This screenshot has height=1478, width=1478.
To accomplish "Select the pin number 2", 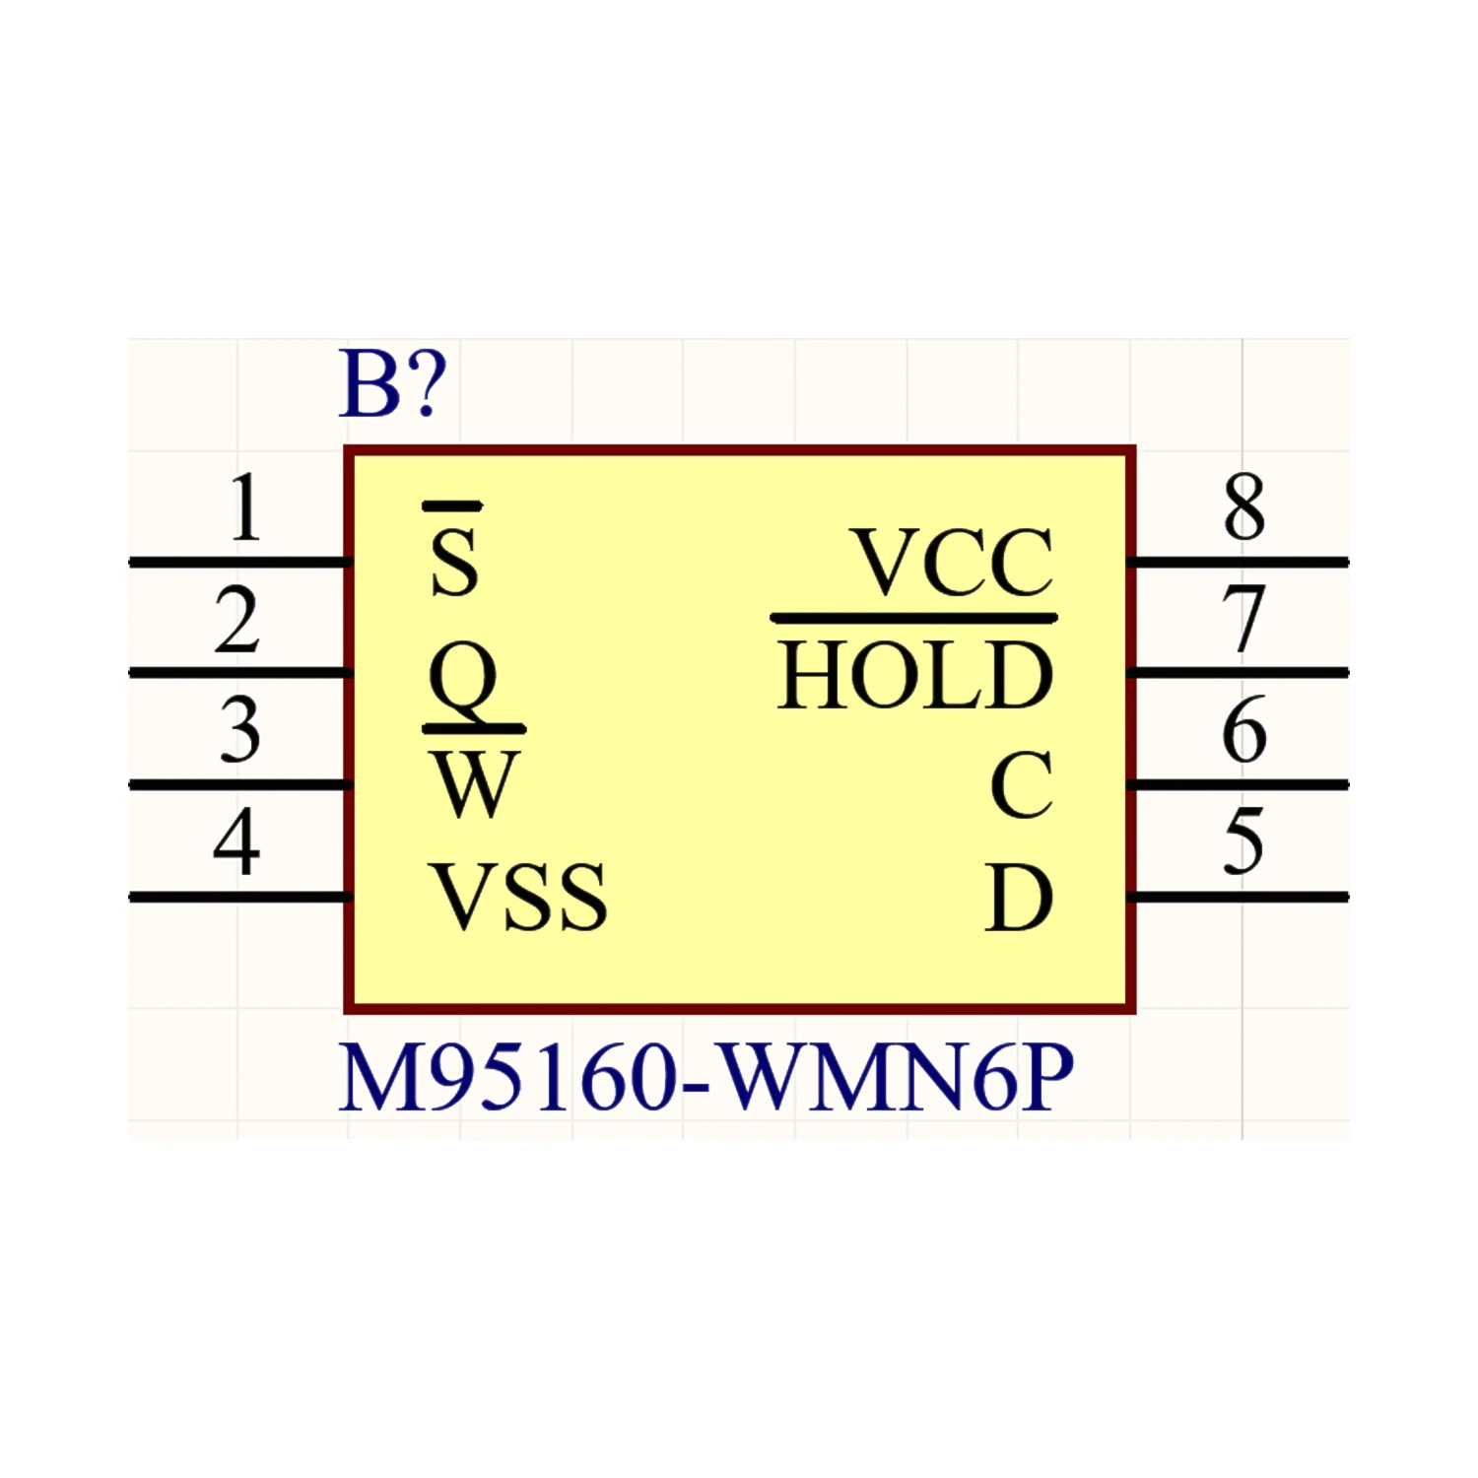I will [x=236, y=621].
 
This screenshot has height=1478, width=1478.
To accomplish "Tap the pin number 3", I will [x=239, y=731].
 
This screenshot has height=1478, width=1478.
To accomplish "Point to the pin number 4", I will [x=236, y=842].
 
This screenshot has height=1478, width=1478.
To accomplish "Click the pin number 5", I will [x=1243, y=842].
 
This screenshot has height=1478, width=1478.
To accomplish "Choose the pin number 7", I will [x=1243, y=620].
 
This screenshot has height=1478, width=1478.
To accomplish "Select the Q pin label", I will [x=462, y=680].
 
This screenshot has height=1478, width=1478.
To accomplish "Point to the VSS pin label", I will [x=520, y=897].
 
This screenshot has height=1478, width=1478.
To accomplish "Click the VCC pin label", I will [x=953, y=563].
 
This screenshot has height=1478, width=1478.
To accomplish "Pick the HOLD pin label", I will [x=915, y=675].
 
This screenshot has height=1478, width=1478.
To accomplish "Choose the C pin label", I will [x=1022, y=785].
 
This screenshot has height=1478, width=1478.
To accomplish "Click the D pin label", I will [x=1020, y=898].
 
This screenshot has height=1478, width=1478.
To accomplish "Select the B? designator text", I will [x=392, y=384].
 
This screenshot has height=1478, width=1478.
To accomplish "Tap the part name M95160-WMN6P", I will [x=705, y=1079].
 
